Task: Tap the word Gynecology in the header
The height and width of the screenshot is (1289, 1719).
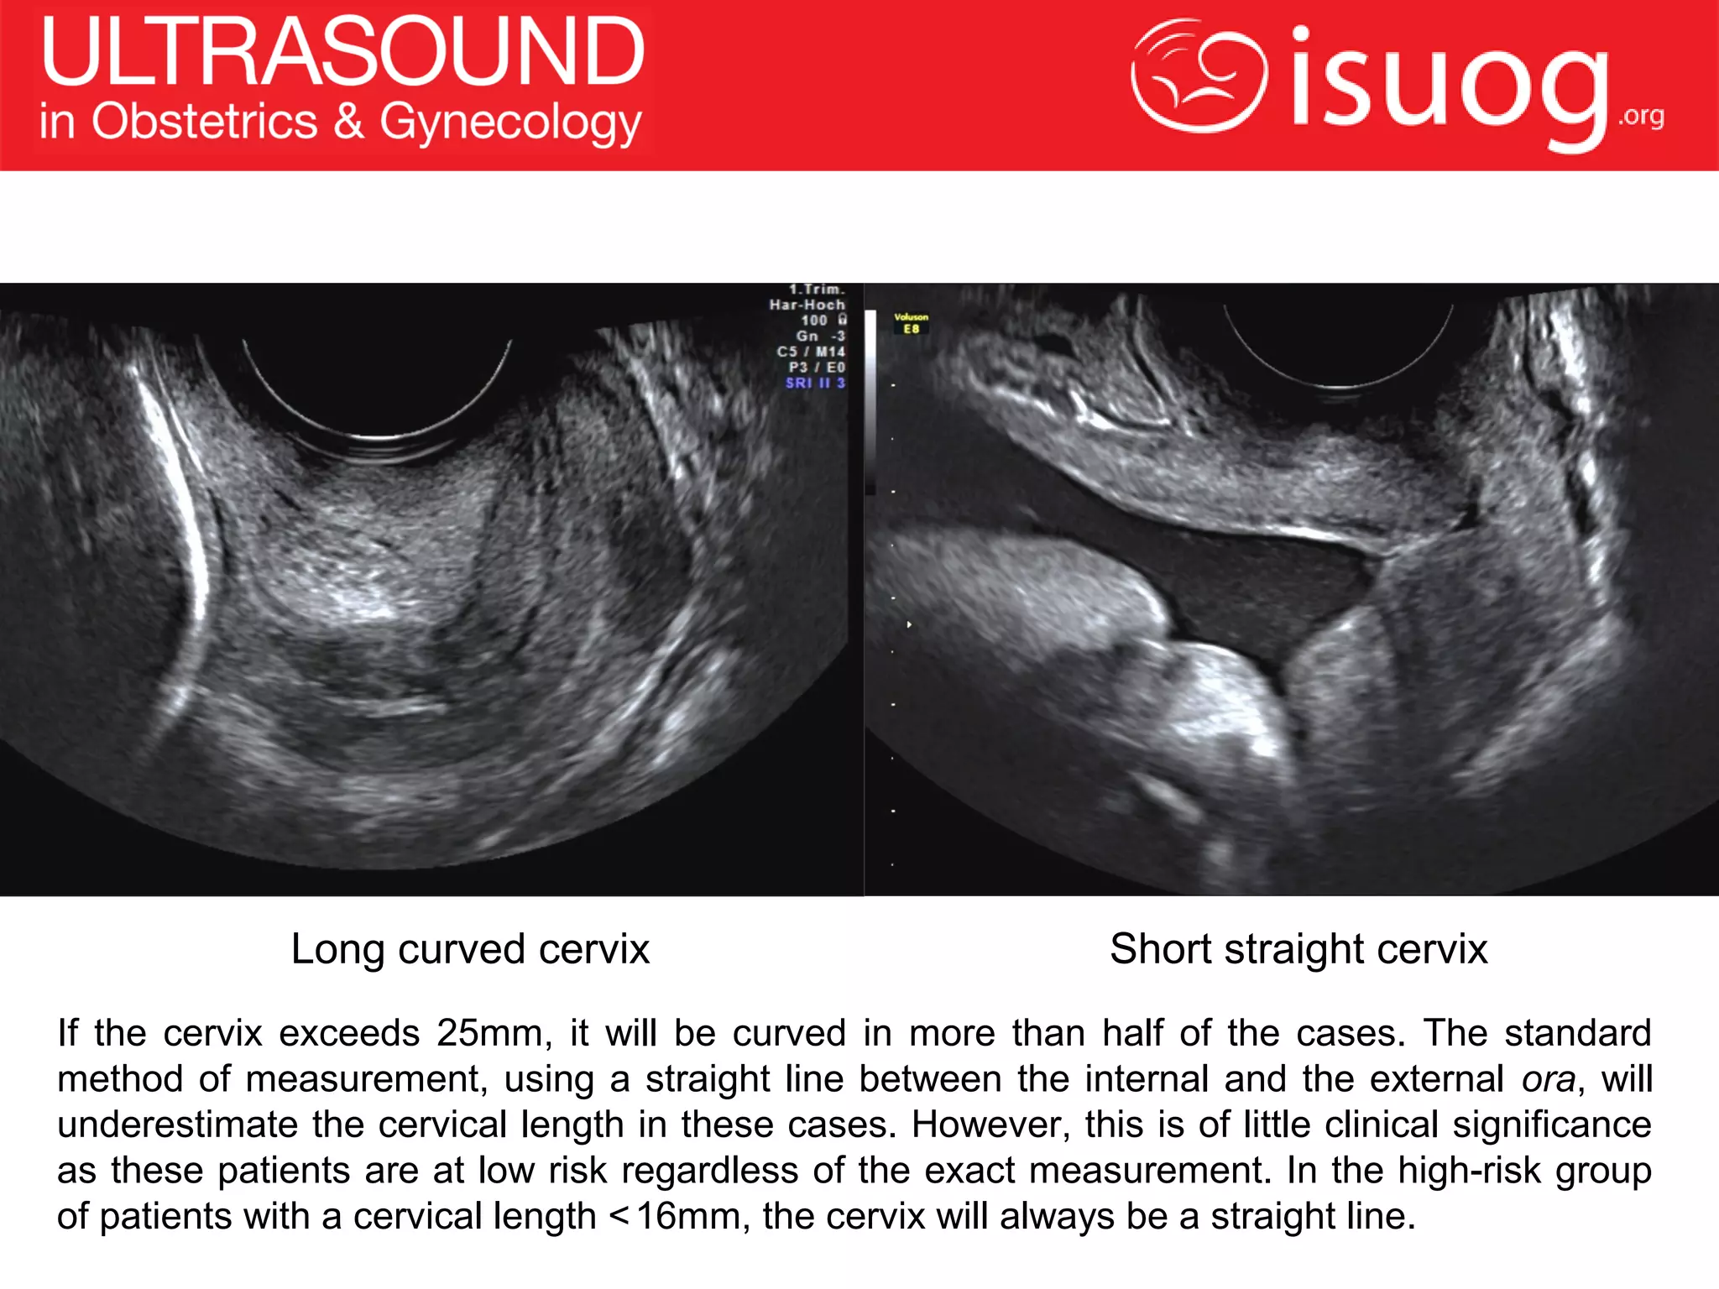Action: (510, 123)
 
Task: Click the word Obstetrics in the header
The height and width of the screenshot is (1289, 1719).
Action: (205, 122)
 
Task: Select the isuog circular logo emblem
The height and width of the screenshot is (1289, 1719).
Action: (1199, 76)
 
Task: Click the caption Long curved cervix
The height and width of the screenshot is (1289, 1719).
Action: (470, 949)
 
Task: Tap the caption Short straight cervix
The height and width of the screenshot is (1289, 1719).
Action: (1298, 949)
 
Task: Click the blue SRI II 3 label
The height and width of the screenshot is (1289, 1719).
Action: (815, 383)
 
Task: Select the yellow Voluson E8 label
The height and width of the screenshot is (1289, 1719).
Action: (911, 323)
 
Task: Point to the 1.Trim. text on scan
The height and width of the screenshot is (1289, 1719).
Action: (817, 290)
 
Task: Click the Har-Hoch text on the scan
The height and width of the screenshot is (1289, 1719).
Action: (807, 305)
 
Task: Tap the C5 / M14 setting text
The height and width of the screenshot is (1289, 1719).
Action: (811, 352)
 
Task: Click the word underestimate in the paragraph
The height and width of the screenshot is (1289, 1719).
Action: (177, 1125)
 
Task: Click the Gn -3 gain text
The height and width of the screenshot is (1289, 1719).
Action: (820, 336)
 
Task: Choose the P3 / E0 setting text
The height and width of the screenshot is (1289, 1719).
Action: (816, 368)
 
